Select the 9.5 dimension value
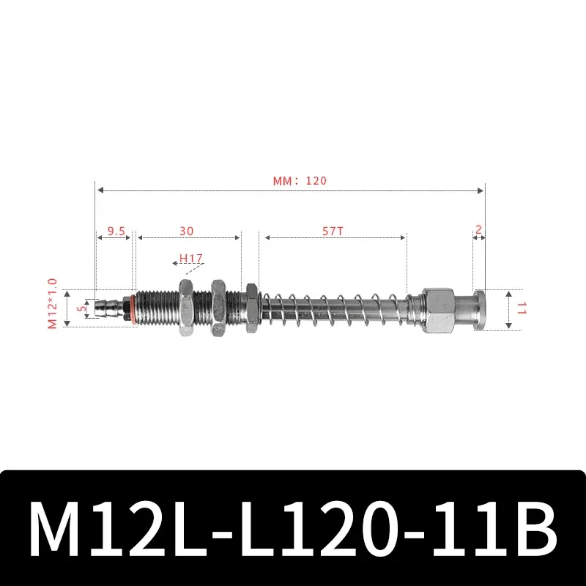(116, 231)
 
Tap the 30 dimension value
(187, 231)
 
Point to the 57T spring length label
(333, 231)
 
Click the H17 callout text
(191, 259)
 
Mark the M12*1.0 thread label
(52, 303)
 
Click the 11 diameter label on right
(522, 308)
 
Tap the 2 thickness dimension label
(478, 230)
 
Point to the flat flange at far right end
(480, 308)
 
